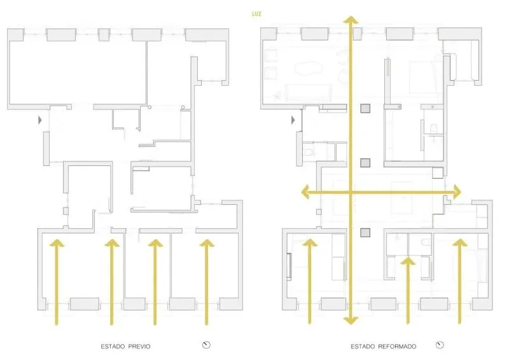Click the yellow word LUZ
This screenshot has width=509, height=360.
[x=257, y=13]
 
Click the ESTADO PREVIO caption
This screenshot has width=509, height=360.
[x=125, y=346]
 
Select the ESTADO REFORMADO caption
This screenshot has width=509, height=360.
[x=382, y=346]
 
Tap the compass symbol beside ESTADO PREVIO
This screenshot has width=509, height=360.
[x=206, y=345]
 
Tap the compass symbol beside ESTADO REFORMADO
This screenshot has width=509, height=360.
[x=440, y=345]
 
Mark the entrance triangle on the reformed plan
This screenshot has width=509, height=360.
[x=293, y=119]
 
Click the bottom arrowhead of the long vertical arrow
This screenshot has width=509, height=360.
[x=349, y=319]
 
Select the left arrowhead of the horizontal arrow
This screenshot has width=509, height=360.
[x=306, y=192]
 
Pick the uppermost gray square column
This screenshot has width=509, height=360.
[x=365, y=108]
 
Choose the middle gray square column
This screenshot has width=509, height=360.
[x=365, y=163]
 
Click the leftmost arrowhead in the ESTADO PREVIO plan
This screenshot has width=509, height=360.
[x=57, y=242]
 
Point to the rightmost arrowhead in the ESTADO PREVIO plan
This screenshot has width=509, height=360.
[x=205, y=242]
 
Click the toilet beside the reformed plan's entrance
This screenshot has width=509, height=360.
[x=307, y=151]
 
